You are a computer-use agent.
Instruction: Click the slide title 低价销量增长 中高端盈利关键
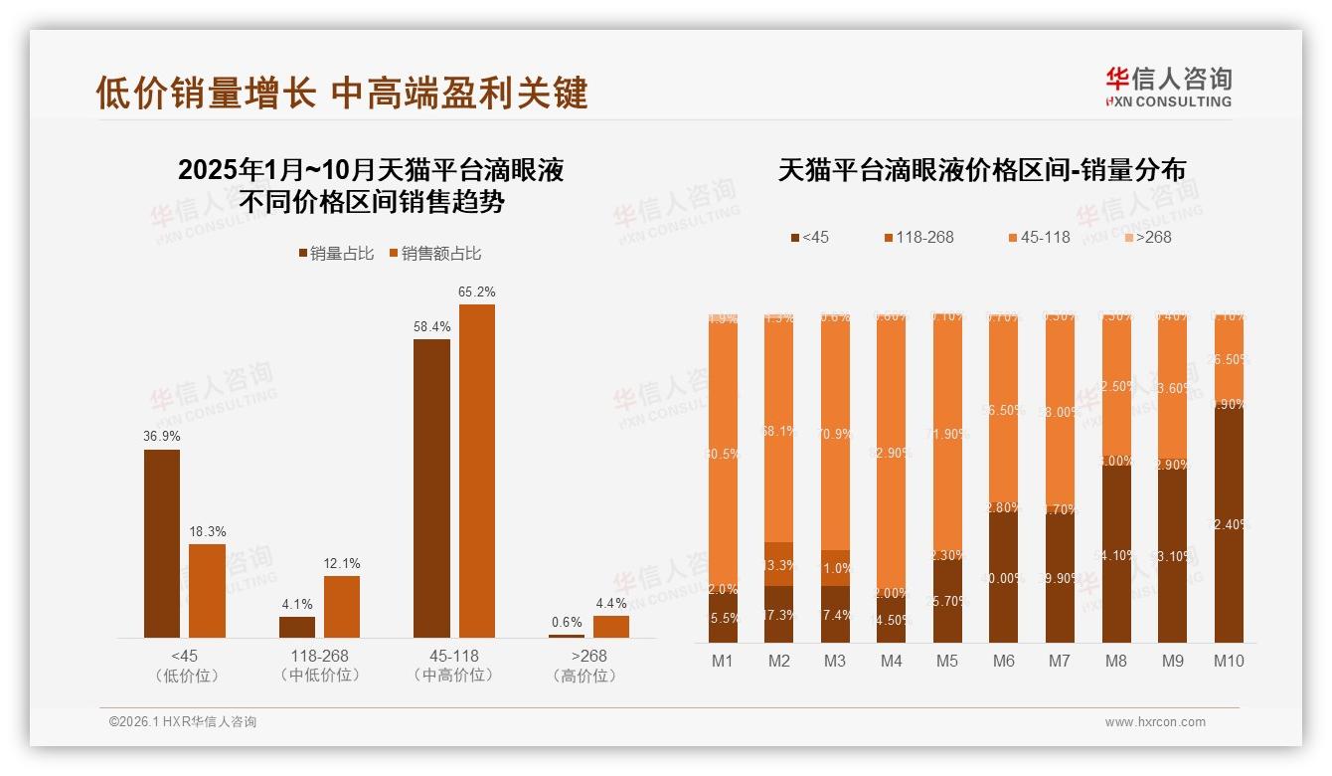tap(342, 93)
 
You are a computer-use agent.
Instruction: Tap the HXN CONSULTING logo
tap(1168, 87)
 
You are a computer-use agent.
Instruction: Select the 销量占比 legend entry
tap(336, 254)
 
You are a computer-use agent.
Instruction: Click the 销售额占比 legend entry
tap(434, 254)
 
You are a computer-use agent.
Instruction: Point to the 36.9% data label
tap(162, 437)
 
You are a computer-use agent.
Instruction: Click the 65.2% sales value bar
tap(476, 471)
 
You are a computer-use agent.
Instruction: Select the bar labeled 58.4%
tap(431, 487)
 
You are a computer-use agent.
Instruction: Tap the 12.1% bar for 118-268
tap(342, 606)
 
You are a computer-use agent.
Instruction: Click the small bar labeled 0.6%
tap(567, 635)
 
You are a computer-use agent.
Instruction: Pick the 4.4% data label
tap(611, 603)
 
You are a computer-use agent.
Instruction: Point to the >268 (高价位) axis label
tap(589, 666)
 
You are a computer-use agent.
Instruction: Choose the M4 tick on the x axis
tap(892, 661)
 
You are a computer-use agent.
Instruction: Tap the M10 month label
tap(1229, 661)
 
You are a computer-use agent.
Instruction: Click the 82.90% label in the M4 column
tap(892, 453)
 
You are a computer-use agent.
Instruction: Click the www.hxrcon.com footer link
tap(1155, 722)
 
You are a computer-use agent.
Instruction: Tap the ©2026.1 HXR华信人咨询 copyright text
tap(183, 722)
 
